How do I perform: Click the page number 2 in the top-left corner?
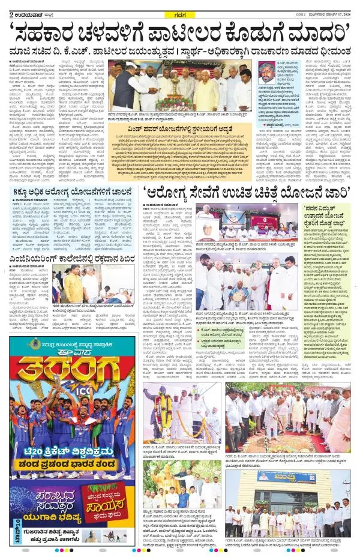[4, 6]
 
